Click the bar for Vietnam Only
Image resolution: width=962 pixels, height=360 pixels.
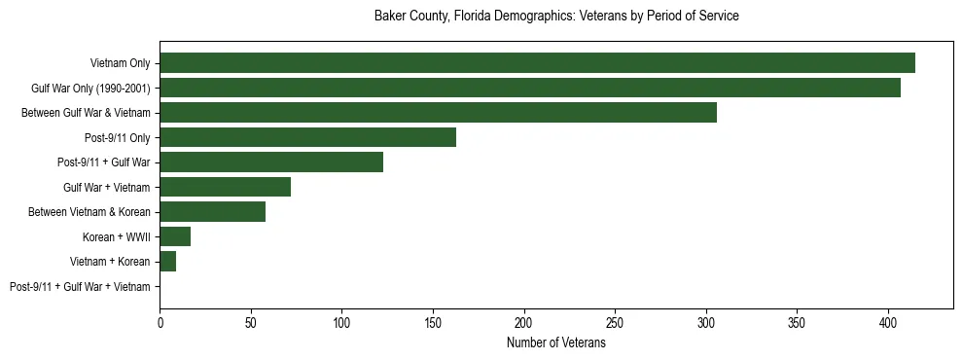[x=537, y=63]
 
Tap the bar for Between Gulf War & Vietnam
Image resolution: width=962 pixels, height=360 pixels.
[x=438, y=113]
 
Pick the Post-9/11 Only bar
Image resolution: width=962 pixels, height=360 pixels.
[x=307, y=137]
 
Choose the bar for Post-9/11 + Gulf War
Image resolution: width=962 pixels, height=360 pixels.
[x=271, y=162]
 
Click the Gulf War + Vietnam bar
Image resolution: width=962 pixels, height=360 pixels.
[x=225, y=187]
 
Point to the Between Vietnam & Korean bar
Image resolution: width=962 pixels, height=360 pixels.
[x=212, y=212]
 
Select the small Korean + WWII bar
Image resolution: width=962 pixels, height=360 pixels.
[x=175, y=236]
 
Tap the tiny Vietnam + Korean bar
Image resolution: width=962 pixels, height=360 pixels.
[x=167, y=262]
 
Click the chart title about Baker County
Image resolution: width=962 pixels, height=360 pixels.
[x=556, y=17]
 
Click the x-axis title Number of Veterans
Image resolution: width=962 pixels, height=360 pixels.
[x=556, y=343]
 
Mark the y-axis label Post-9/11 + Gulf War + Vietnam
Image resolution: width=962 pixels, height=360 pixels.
[x=80, y=287]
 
